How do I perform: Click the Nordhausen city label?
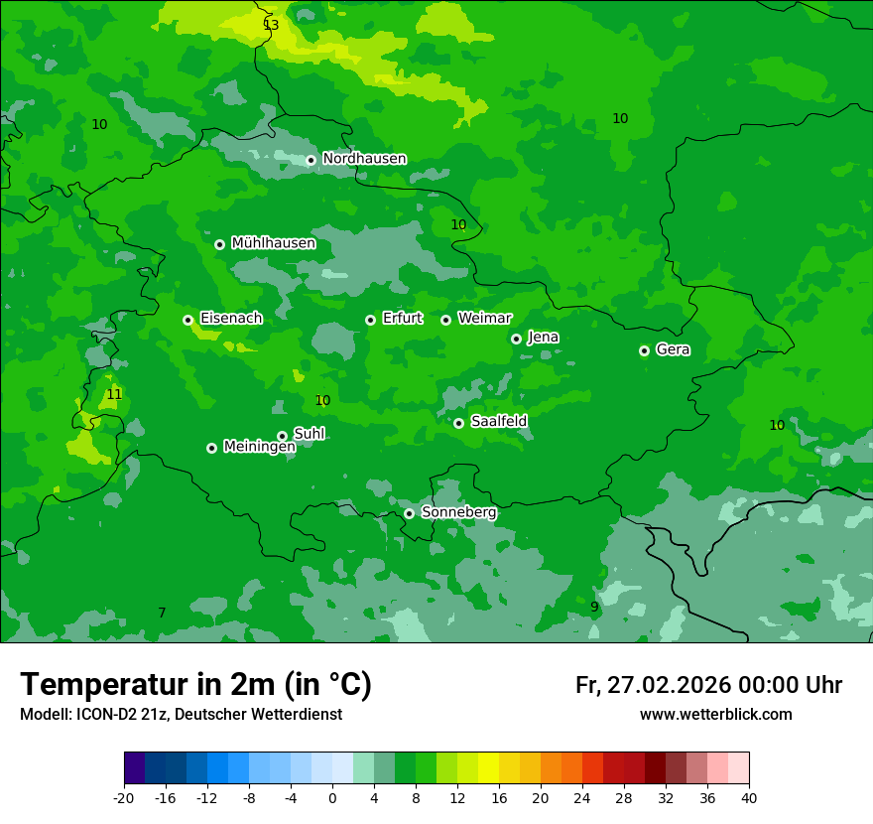pos(364,159)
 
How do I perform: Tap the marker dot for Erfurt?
pos(370,320)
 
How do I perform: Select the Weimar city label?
pos(484,319)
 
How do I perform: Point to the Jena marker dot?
pos(516,339)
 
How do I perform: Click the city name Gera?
pos(673,349)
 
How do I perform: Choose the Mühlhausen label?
pos(273,243)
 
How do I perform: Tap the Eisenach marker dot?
pos(187,320)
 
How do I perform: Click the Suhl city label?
pos(309,434)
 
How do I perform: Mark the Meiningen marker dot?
pos(211,448)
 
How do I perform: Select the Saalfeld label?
pos(498,422)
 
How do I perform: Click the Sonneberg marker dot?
pos(409,513)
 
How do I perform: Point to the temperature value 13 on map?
pos(271,25)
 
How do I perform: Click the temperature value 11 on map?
pos(114,395)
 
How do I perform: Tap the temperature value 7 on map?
pos(162,614)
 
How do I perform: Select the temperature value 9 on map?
pos(594,608)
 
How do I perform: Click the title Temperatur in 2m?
pos(195,685)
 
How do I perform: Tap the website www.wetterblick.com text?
pos(715,715)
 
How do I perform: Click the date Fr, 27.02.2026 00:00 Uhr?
pos(708,686)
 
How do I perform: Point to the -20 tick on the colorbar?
pos(124,797)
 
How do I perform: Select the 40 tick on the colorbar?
pos(749,797)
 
